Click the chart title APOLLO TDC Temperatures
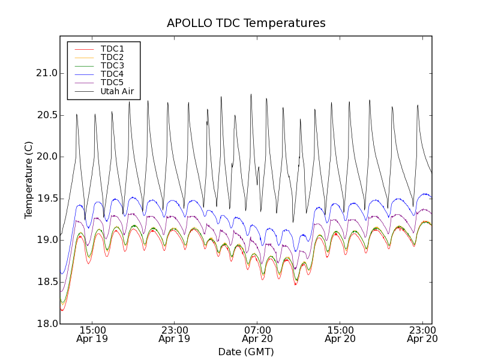click(246, 23)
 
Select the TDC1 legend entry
click(112, 49)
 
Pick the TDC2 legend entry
click(112, 57)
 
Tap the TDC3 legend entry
click(112, 65)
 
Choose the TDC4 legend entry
click(112, 74)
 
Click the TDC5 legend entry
click(112, 83)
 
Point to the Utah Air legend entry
click(117, 92)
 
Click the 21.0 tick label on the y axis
click(46, 73)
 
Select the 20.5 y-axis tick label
click(46, 115)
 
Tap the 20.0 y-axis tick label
click(46, 157)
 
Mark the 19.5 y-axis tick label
click(46, 199)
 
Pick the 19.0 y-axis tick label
click(46, 240)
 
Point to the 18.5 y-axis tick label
click(46, 282)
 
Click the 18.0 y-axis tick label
click(46, 323)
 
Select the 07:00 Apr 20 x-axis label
click(257, 334)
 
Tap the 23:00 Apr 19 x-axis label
click(175, 334)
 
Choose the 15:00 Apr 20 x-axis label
click(340, 334)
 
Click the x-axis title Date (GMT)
click(246, 352)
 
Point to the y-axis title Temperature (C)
click(29, 180)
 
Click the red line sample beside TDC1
click(83, 49)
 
